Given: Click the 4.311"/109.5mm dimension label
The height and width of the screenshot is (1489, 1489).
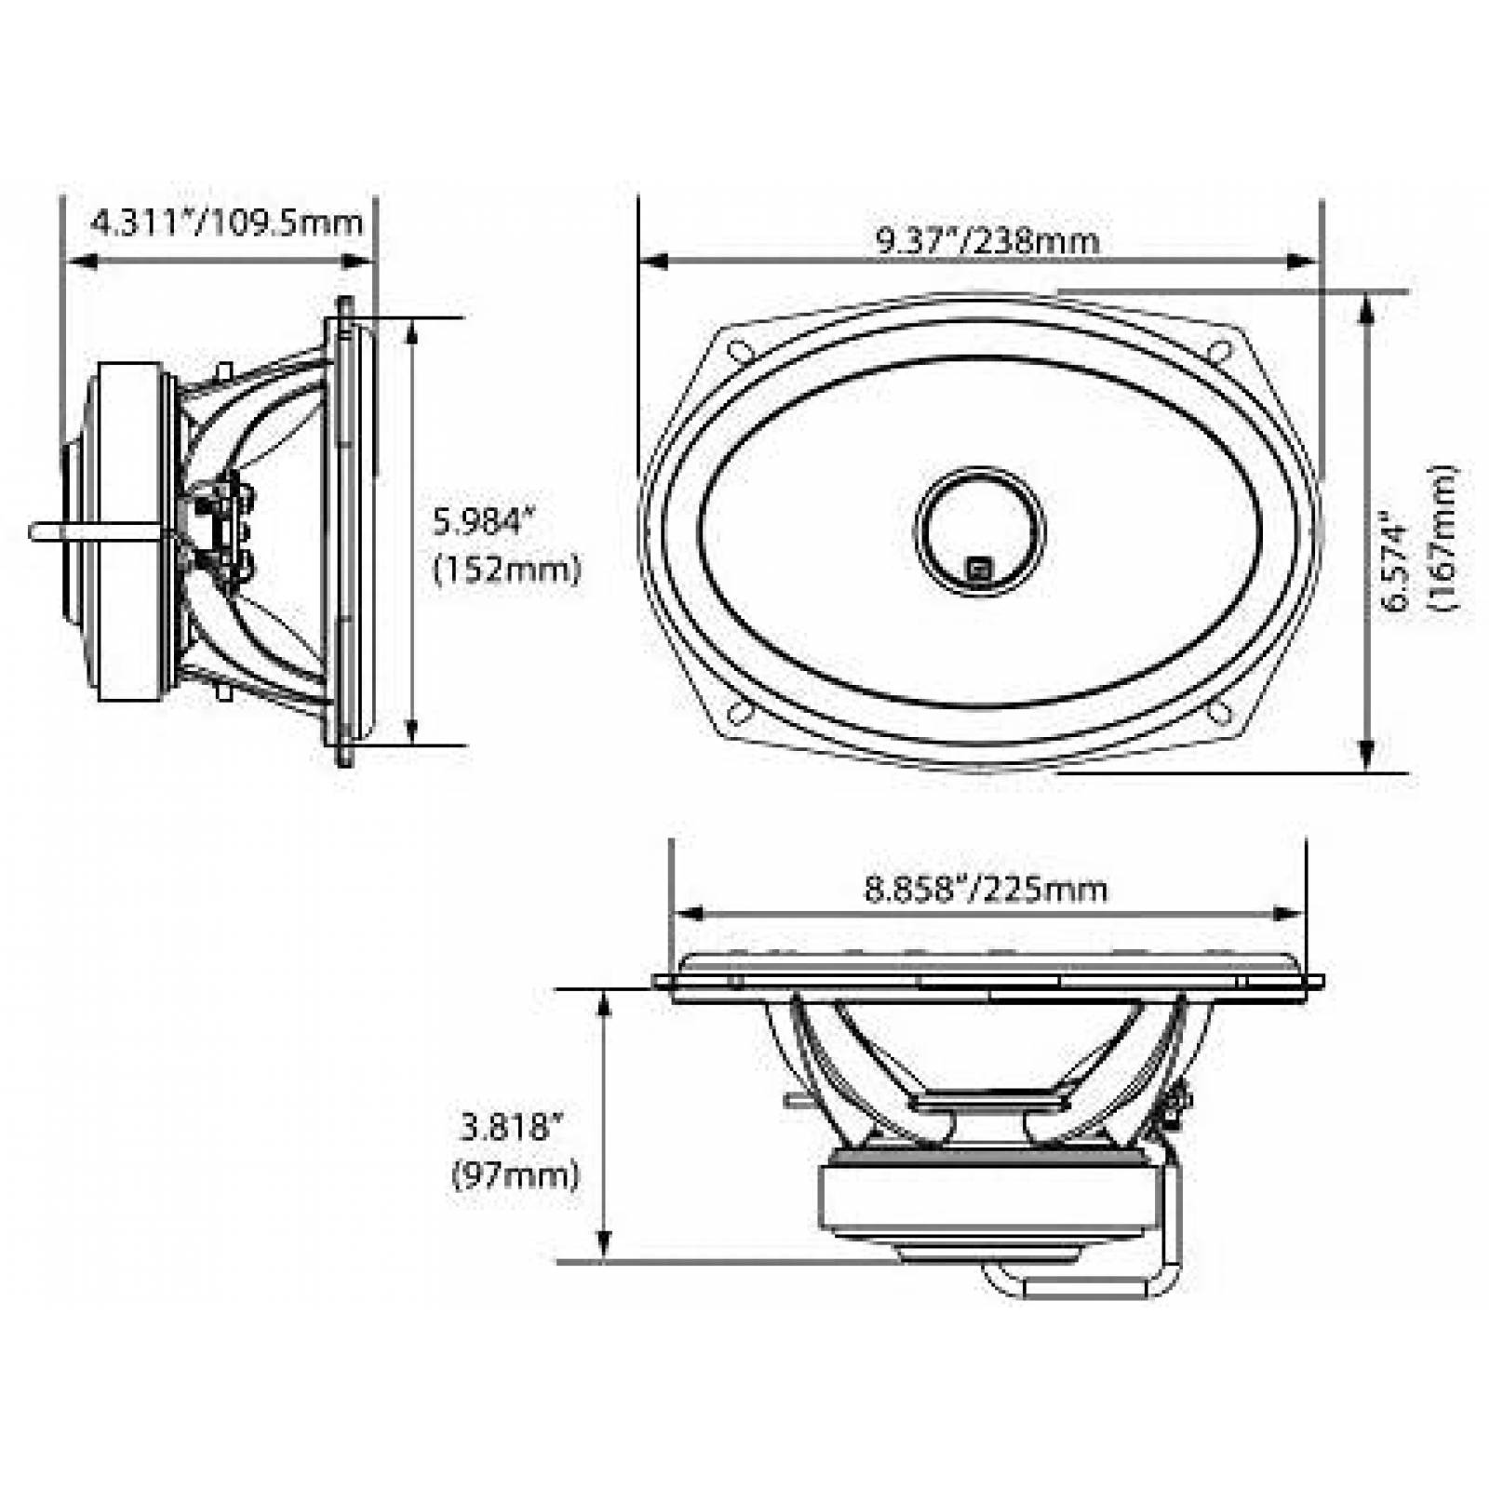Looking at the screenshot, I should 227,223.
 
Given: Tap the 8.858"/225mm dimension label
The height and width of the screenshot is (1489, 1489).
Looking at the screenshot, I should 986,889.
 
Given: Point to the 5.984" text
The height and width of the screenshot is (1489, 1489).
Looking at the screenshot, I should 481,522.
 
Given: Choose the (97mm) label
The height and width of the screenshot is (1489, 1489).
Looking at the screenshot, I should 516,1175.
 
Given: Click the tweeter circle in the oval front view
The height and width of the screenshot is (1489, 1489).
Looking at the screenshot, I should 980,530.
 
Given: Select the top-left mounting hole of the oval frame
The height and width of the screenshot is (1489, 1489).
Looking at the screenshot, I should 740,352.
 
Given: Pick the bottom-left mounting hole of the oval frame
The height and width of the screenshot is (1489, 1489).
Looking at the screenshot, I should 740,712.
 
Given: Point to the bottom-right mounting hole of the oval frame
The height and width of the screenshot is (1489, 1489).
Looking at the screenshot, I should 1219,712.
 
